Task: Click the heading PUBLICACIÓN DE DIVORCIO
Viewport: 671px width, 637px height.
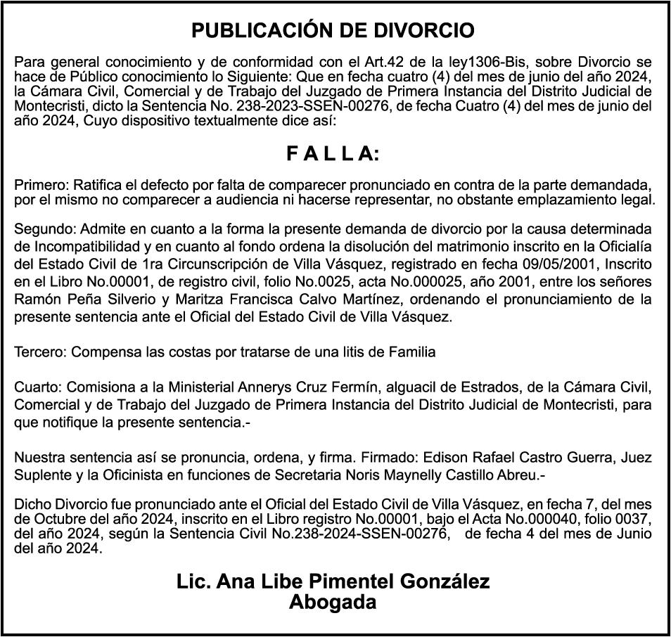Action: coord(333,31)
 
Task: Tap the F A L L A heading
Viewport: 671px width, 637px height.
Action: coord(333,154)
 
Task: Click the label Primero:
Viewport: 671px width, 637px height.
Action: coord(39,186)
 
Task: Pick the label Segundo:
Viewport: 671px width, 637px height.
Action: coord(44,229)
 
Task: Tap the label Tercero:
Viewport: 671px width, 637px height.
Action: coord(40,352)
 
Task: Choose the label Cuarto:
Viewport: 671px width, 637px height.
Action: coord(37,388)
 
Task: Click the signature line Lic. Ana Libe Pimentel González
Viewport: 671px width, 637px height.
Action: coord(333,582)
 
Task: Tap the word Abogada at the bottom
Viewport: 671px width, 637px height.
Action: coord(333,602)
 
